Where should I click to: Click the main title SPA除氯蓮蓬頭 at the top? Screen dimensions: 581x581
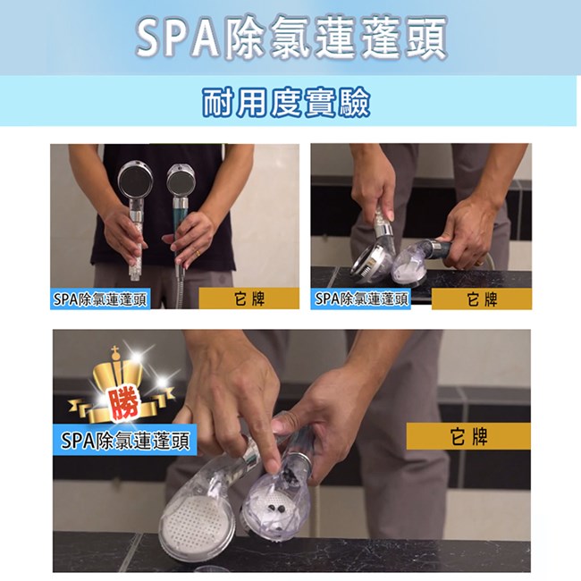(x=291, y=38)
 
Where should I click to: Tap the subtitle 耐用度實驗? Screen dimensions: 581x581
(x=286, y=103)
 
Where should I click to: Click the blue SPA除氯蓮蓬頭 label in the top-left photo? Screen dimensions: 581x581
(x=100, y=299)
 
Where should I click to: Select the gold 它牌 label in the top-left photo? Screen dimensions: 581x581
(x=249, y=299)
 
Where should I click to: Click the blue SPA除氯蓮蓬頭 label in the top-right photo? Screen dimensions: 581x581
(x=360, y=299)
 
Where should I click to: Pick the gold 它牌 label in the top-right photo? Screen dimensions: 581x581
(x=482, y=299)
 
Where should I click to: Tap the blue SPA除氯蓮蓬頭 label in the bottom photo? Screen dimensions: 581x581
(x=125, y=440)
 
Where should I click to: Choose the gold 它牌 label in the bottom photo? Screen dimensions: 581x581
(x=468, y=436)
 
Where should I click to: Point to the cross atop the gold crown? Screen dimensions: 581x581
(x=115, y=351)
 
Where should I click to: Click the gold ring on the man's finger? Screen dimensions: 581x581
(x=198, y=254)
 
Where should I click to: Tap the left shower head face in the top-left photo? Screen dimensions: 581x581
(x=136, y=181)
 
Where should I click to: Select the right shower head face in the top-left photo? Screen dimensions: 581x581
(x=181, y=181)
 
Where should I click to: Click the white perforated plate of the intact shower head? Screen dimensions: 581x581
(x=193, y=518)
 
